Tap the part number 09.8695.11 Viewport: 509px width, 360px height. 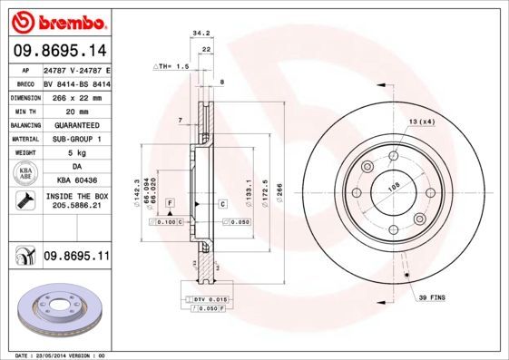(76, 258)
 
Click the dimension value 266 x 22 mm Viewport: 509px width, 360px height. (75, 96)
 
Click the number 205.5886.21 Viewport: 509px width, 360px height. (75, 208)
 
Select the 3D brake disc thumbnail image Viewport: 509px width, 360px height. (58, 310)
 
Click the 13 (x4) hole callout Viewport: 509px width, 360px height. (421, 122)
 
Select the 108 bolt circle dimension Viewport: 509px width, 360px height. (394, 189)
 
